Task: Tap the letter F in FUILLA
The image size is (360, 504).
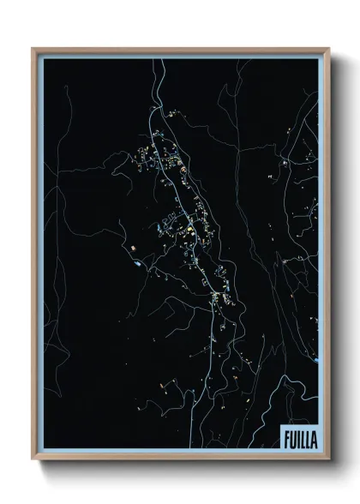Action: click(285, 439)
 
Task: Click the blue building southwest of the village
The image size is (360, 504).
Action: click(137, 263)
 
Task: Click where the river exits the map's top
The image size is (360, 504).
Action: click(155, 61)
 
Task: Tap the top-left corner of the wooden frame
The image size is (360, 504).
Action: click(34, 50)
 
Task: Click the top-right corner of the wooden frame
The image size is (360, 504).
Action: click(328, 50)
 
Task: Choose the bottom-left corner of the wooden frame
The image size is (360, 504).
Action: click(34, 459)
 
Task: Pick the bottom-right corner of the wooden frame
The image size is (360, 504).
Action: click(328, 459)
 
